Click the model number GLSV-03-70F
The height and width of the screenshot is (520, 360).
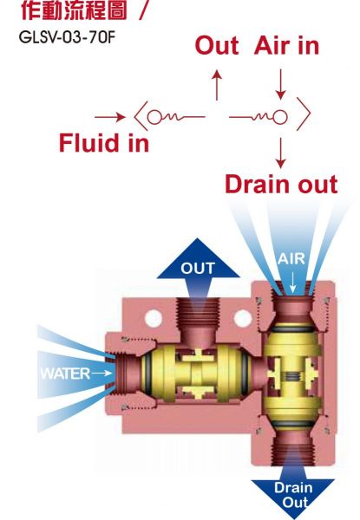pos(67,36)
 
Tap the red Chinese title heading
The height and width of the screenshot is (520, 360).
pos(74,10)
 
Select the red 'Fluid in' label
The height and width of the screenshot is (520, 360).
pos(104,143)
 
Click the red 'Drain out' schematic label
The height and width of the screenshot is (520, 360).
pos(281,184)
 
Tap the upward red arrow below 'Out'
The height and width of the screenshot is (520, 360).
pos(217,85)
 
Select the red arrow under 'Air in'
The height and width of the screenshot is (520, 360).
pos(281,84)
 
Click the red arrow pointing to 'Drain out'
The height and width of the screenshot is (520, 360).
pos(281,153)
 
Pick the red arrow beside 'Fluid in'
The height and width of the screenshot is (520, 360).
pos(110,117)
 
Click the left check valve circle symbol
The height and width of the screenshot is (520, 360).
pos(154,117)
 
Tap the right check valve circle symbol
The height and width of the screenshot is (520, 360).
pos(280,117)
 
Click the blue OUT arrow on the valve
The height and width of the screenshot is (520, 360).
pos(199,269)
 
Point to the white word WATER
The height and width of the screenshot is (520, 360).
pos(65,374)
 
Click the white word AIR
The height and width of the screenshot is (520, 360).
pos(291,259)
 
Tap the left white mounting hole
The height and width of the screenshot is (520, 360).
pos(154,319)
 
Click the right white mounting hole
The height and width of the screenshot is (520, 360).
pos(243,318)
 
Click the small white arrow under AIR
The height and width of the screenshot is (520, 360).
pos(292,283)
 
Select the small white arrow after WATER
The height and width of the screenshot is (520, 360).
pos(101,374)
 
